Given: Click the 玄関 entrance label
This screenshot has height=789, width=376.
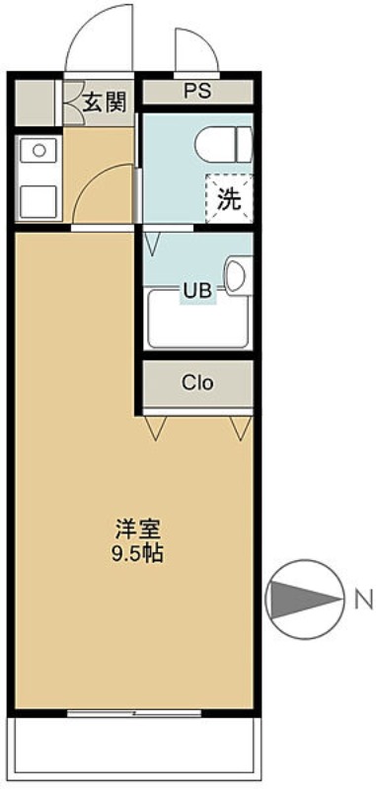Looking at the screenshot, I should [x=103, y=102].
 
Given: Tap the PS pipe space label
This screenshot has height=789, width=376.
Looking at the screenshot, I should [x=196, y=92].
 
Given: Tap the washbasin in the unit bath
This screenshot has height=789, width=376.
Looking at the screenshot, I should [x=238, y=275].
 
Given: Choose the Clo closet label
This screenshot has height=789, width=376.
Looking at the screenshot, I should [x=196, y=383].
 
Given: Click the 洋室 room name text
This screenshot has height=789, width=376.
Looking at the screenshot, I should [x=137, y=529].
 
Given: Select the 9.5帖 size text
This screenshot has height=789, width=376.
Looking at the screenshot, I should [x=137, y=552].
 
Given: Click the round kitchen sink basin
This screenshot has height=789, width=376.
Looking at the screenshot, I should [x=39, y=151].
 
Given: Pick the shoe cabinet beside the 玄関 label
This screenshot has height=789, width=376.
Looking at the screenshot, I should [x=36, y=102].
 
